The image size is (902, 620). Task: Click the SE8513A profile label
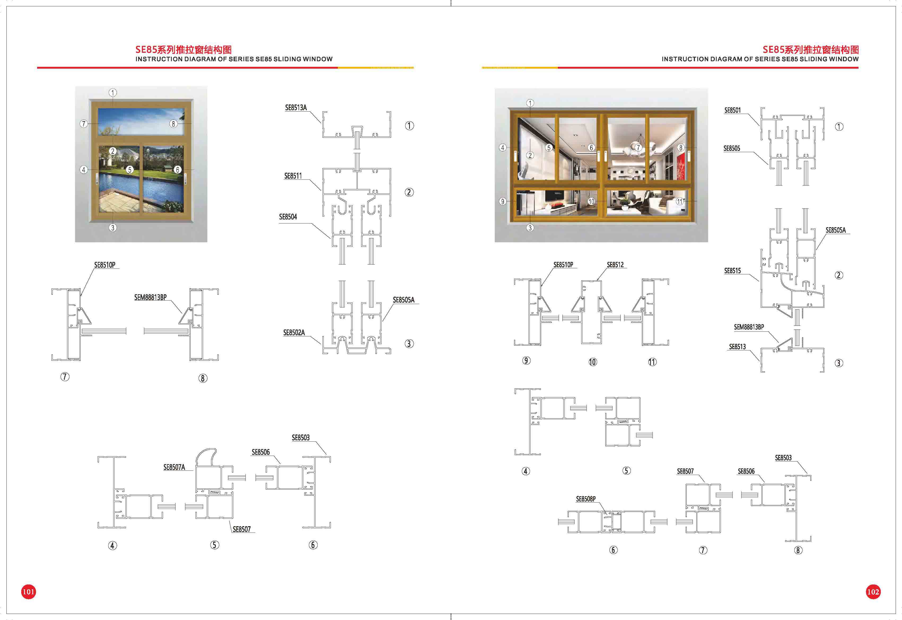pos(296,108)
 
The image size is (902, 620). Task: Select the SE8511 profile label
pos(293,176)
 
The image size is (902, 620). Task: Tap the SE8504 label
pos(288,217)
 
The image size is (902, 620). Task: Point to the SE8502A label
pos(294,333)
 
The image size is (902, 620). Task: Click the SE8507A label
pos(174,467)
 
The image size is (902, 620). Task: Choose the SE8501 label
pos(733,110)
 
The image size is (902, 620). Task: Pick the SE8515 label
pos(732,271)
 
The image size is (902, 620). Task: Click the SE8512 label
pos(615,265)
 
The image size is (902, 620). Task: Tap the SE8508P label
pos(586,499)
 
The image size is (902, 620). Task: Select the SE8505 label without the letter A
pos(732,148)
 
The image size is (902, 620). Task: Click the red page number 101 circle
pos(28,592)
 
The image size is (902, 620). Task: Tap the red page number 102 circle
pos(873,592)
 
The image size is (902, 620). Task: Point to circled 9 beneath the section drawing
pos(526,360)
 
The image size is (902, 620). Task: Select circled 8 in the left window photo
pos(173,124)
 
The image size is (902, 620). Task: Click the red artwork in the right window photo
pos(681,166)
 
